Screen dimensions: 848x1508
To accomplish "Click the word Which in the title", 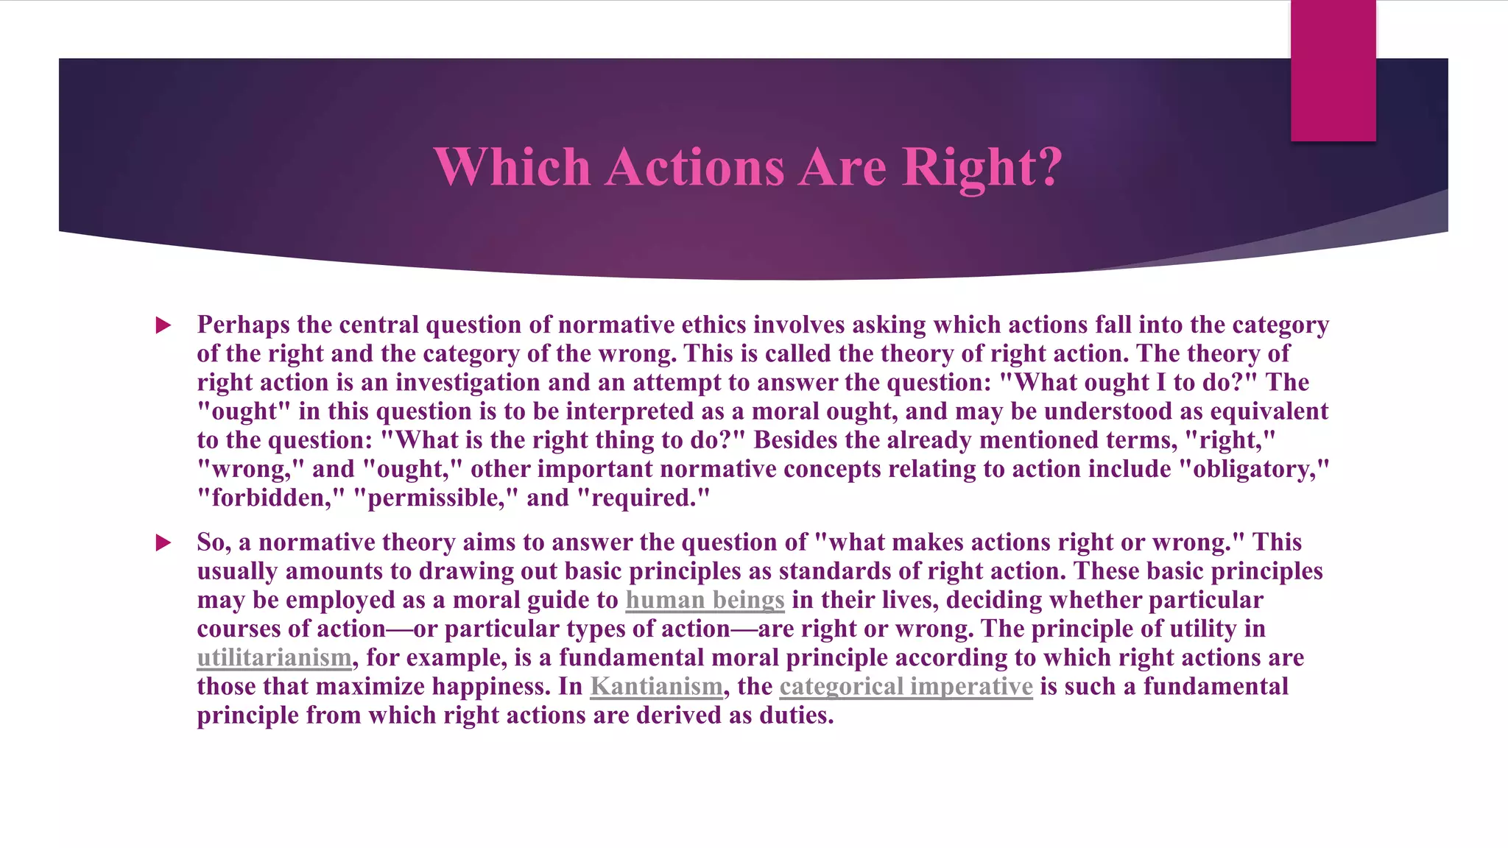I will pos(512,166).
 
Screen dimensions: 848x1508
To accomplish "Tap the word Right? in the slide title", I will pos(982,168).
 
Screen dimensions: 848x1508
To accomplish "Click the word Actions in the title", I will pos(695,166).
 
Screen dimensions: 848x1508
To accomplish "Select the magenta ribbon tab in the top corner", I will pos(1333,71).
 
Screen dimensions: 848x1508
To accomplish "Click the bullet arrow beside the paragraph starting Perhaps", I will pos(163,325).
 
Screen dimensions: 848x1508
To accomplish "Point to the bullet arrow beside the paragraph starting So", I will pos(163,543).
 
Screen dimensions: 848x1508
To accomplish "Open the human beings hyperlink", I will pos(705,600).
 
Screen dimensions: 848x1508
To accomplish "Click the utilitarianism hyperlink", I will pos(274,657).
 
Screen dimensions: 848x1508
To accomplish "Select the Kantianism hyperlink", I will pos(656,686).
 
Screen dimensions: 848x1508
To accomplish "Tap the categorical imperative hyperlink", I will pos(906,686).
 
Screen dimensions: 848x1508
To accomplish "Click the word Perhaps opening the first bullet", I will pos(244,325).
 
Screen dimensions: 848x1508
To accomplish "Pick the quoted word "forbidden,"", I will pos(271,498).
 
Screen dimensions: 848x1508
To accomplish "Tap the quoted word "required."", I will pos(643,498).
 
